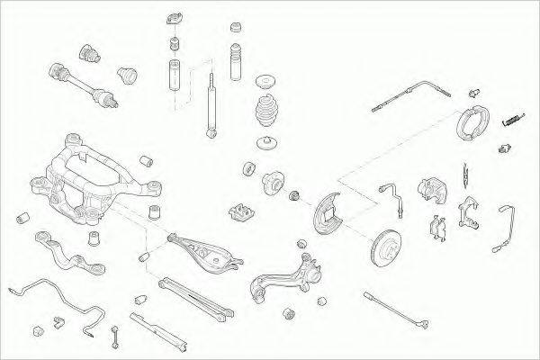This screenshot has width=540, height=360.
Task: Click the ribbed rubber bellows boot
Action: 266,118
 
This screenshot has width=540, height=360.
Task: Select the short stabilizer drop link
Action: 116,337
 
